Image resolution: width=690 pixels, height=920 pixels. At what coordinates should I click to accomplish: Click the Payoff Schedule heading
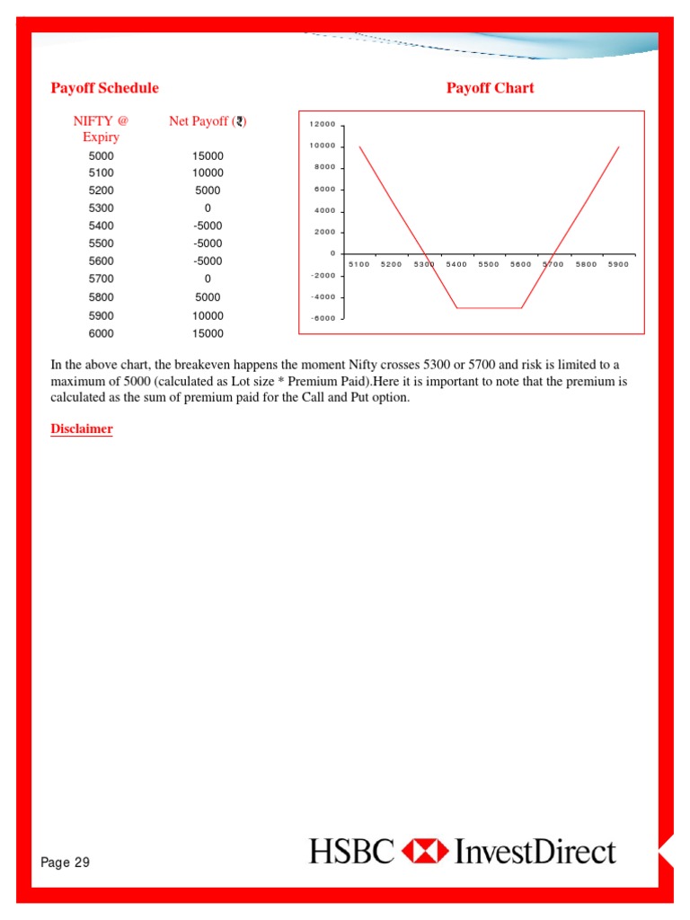click(104, 88)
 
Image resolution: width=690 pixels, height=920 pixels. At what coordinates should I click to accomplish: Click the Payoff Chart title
click(490, 88)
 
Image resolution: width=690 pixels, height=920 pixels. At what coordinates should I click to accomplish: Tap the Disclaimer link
click(81, 429)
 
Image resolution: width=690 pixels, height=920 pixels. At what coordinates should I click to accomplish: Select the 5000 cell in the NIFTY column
click(102, 155)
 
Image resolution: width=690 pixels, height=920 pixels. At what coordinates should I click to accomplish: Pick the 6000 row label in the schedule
click(102, 333)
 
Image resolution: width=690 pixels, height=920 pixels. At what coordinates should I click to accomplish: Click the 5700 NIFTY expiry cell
click(102, 279)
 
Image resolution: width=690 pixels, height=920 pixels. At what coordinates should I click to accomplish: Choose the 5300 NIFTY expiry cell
click(102, 208)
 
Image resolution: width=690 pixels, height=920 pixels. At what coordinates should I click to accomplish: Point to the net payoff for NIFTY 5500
click(208, 243)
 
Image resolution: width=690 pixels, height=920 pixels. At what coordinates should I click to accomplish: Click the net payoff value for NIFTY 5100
click(208, 172)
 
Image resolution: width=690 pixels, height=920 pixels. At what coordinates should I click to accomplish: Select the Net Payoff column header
click(208, 121)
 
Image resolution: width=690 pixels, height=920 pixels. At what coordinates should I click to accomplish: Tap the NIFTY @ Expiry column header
click(102, 128)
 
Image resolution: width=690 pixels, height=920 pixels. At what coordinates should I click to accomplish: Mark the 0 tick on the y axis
click(332, 253)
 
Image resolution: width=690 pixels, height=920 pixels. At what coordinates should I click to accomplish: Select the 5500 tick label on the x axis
click(489, 265)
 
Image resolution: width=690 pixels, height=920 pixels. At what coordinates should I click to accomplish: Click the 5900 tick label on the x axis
click(618, 265)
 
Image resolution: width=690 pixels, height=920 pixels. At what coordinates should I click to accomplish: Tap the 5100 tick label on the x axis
click(358, 265)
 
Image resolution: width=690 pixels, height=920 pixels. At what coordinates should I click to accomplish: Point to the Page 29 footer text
click(66, 862)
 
